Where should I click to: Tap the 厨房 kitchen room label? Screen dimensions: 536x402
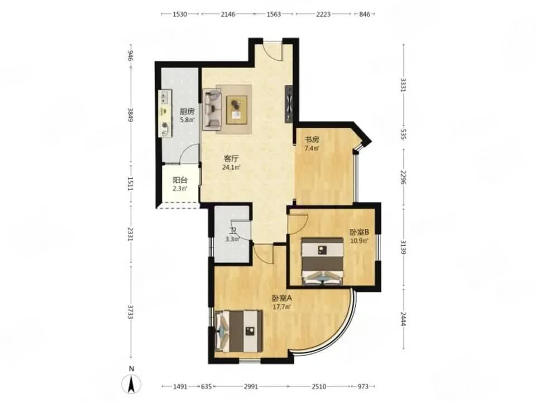[x=187, y=112]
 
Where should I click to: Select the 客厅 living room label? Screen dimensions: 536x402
[x=231, y=159]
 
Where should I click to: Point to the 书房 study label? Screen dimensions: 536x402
[x=312, y=140]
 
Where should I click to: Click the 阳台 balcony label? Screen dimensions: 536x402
[x=180, y=180]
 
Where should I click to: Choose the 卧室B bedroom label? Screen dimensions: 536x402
[x=359, y=232]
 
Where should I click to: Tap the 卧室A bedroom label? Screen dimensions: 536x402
[x=281, y=298]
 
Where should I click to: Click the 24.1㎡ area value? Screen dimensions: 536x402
[x=231, y=167]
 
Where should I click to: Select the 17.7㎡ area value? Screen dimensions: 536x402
[x=281, y=307]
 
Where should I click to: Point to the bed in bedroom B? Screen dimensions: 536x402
[x=322, y=261]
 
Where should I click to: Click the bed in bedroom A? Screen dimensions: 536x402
[x=239, y=331]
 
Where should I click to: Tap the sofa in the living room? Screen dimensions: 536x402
[x=212, y=109]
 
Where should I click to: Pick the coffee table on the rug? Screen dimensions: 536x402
[x=237, y=110]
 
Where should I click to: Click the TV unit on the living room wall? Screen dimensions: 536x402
[x=289, y=104]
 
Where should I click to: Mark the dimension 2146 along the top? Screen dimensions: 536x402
[x=228, y=14]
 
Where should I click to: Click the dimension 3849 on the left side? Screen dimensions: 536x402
[x=130, y=114]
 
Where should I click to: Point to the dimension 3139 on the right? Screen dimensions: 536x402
[x=403, y=247]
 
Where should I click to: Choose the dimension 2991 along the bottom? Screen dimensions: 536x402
[x=251, y=386]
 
